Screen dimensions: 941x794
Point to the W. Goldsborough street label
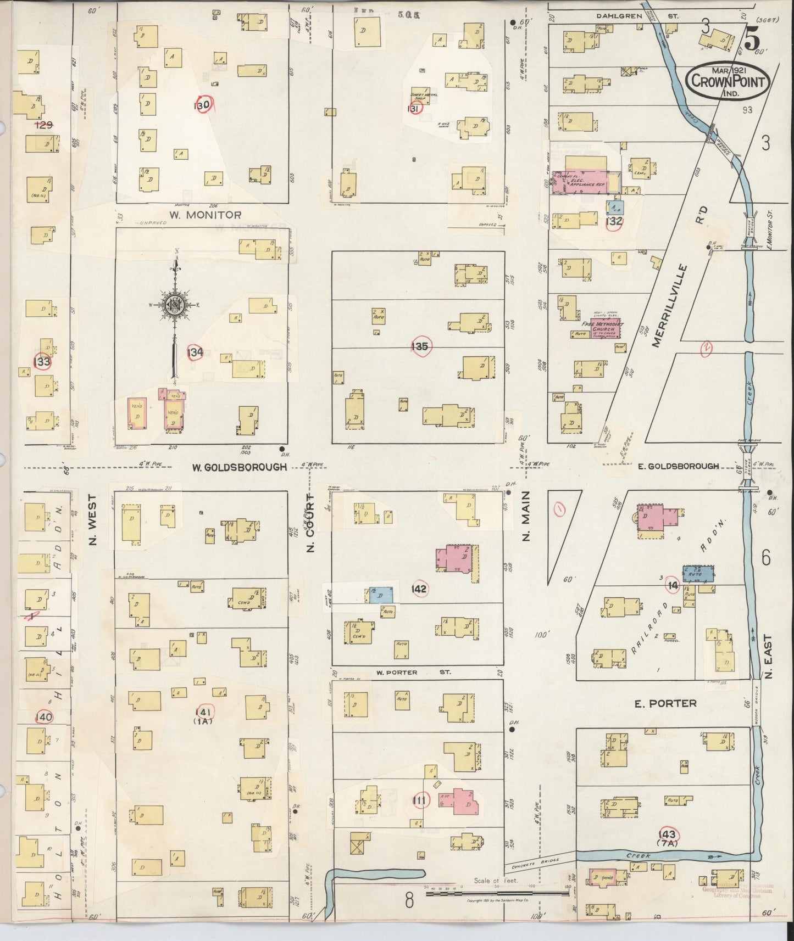point(240,467)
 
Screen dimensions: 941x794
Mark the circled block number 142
point(419,589)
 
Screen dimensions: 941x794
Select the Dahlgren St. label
point(638,16)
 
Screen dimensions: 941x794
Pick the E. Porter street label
point(665,703)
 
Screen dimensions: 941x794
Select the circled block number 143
point(669,834)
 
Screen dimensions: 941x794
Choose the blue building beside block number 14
point(698,574)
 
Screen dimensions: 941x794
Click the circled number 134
point(195,352)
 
